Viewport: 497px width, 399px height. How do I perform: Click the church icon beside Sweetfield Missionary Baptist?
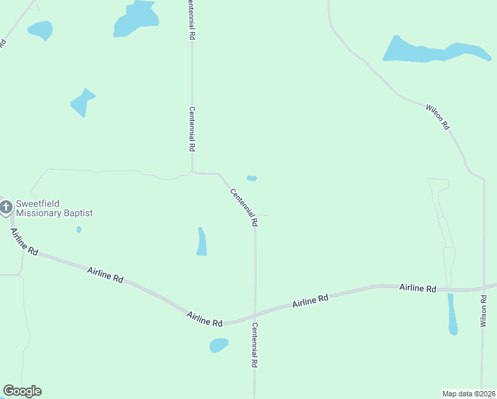tap(6, 207)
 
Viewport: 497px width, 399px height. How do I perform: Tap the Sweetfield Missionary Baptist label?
tap(54, 208)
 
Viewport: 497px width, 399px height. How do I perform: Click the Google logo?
tap(22, 391)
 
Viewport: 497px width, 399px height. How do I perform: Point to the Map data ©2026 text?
tap(468, 394)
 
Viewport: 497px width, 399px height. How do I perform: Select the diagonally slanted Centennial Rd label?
tap(243, 207)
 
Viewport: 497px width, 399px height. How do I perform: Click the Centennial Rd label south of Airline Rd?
tap(253, 345)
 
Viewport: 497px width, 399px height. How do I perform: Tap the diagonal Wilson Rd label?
tap(438, 116)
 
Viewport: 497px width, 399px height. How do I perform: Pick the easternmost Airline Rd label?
tap(417, 288)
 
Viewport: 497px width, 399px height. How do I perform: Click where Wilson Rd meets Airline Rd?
tap(483, 289)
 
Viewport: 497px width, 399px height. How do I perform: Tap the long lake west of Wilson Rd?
tap(435, 51)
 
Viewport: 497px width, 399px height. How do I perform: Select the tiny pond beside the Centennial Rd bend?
tap(252, 178)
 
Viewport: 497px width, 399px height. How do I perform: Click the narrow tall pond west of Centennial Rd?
tap(201, 242)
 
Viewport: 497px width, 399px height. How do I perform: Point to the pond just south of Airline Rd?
tap(219, 345)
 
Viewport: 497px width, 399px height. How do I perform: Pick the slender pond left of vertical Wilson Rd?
tap(452, 315)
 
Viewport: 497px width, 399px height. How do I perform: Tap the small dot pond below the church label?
tap(79, 229)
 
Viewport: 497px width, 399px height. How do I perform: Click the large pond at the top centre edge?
tap(136, 18)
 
